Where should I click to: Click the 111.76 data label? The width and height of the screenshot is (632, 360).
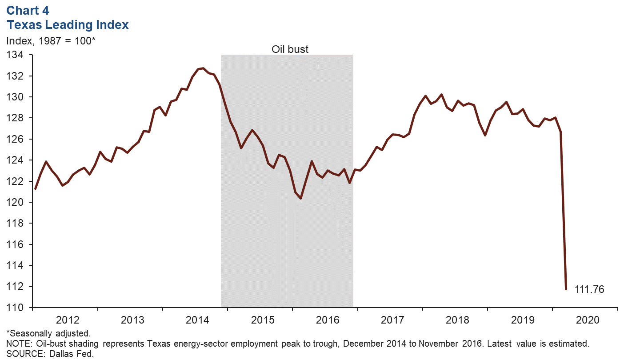coord(589,289)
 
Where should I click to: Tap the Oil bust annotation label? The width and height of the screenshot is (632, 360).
coord(290,49)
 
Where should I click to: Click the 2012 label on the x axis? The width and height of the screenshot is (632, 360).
coord(68,320)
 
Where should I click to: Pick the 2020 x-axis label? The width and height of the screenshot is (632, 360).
coord(588,320)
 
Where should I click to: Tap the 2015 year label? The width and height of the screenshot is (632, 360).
coord(263,320)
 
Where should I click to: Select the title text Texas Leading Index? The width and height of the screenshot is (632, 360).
coord(68,25)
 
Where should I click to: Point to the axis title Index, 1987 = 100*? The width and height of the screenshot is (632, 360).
coord(51,41)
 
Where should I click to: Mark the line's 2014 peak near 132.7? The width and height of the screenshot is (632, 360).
coord(203,68)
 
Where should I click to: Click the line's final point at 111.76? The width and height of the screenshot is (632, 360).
coord(566,289)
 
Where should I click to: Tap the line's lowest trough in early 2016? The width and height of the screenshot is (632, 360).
coord(301,198)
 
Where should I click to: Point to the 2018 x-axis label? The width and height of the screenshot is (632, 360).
coord(458,320)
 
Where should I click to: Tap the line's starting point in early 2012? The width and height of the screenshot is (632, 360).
coord(35,188)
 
